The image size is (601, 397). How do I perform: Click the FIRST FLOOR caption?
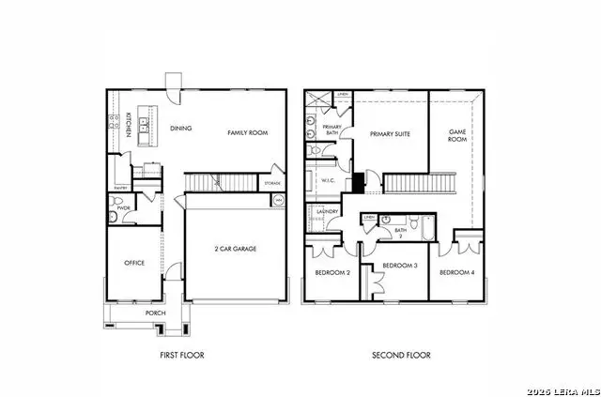pos(182,356)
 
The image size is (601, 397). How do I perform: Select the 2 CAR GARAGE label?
pos(234,249)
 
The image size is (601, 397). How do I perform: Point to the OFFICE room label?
pos(134,264)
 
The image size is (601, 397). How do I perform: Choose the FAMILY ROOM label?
pos(248,133)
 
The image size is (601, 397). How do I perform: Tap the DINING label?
pos(180,128)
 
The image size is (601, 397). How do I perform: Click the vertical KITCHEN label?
pos(129,125)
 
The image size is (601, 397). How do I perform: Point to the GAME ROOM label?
pos(457,133)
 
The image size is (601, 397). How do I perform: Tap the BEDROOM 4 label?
pos(457,272)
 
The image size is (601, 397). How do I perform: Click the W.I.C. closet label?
pos(328,181)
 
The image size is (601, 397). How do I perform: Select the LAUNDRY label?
pos(328,212)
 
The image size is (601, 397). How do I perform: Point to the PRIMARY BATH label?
pos(331,130)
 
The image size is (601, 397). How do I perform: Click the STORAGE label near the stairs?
pos(272,183)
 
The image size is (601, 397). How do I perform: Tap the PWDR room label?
pos(123,207)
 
